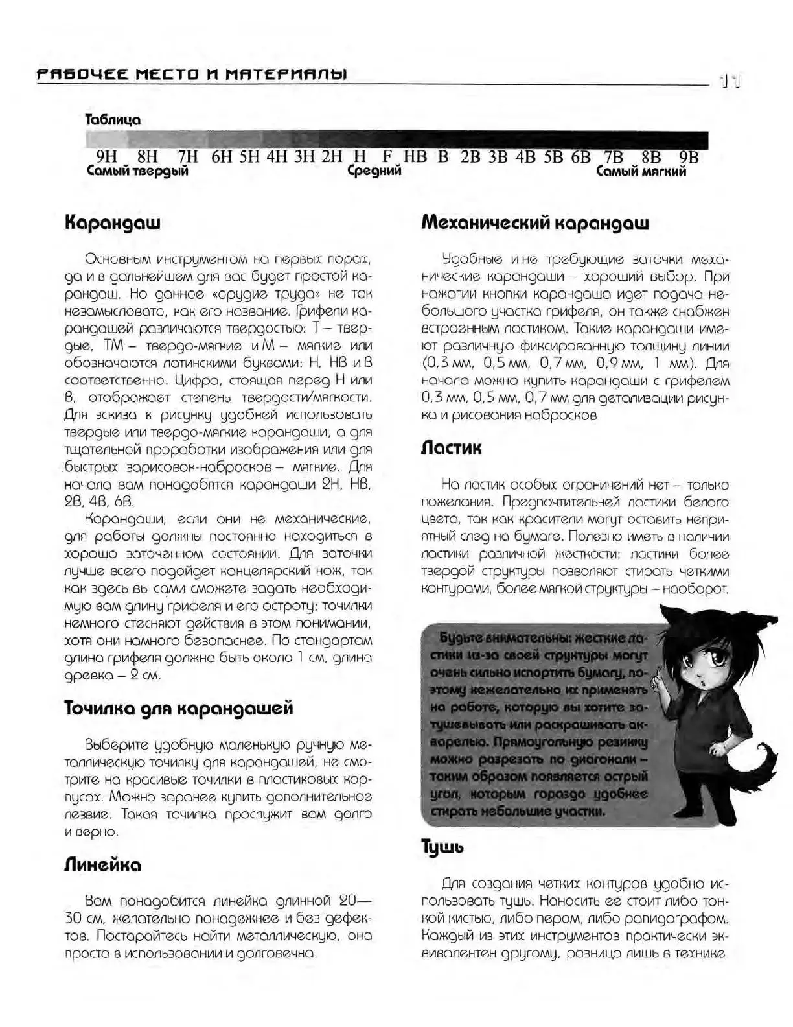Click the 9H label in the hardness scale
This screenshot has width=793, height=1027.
[106, 158]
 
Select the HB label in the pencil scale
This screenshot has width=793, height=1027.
[415, 158]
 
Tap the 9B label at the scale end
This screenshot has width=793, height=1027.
[689, 158]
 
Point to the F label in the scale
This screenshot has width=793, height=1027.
[387, 158]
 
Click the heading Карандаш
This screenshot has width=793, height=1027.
[112, 223]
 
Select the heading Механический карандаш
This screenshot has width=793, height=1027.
[534, 223]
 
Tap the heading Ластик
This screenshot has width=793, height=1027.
[451, 448]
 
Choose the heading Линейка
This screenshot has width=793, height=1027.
[102, 865]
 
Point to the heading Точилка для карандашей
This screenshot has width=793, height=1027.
[179, 708]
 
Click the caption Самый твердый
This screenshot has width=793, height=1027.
[137, 172]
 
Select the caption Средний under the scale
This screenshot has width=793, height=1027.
[374, 172]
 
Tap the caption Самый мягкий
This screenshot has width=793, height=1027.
[641, 172]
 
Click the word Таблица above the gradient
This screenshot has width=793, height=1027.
[113, 120]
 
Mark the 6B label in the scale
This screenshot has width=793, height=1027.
[581, 158]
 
